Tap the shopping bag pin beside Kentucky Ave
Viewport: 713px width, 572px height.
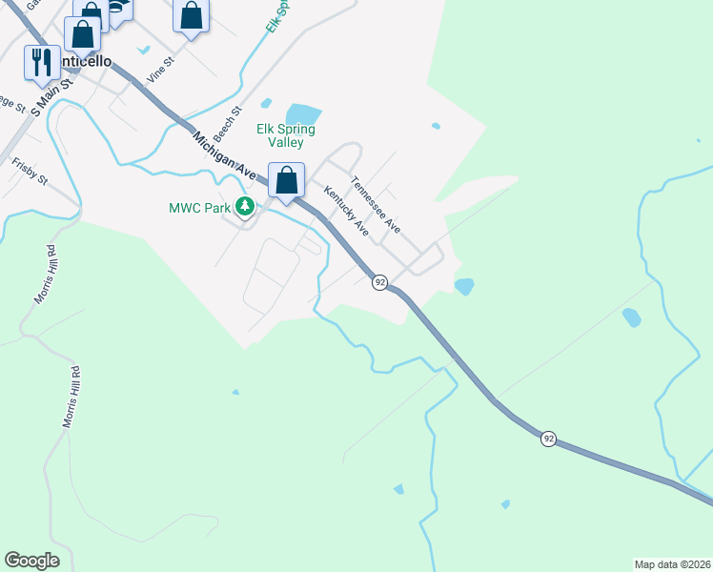[286, 180]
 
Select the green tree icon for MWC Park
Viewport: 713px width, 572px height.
[245, 206]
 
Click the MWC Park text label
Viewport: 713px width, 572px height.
[200, 206]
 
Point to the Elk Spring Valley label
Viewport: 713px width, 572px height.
[285, 135]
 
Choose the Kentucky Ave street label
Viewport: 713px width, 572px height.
[346, 211]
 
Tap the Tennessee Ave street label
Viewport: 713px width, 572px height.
[375, 205]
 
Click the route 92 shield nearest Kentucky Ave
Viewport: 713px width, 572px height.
[379, 283]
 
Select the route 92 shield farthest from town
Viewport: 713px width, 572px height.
[548, 438]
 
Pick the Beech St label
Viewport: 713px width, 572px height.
[223, 125]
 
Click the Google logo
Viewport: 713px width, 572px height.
[31, 561]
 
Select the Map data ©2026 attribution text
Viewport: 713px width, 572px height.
[671, 563]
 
